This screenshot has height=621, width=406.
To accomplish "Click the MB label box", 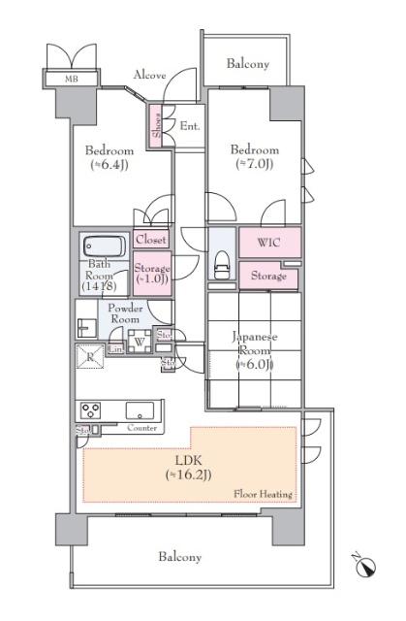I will click(71, 80).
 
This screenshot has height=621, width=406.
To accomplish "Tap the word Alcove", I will click(149, 74).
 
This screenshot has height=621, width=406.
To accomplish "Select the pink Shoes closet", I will click(155, 127).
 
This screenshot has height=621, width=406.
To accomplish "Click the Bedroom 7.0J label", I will click(254, 156).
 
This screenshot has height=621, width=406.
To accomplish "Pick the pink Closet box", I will click(151, 239).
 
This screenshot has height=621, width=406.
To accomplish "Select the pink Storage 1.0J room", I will click(152, 274).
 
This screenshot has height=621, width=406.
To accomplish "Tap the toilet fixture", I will click(220, 265).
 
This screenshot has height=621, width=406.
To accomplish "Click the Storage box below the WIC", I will click(269, 277).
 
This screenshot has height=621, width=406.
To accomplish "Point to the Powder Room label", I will click(126, 313).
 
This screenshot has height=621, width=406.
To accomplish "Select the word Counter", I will click(141, 427).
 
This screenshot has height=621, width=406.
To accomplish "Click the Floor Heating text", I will click(263, 494).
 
